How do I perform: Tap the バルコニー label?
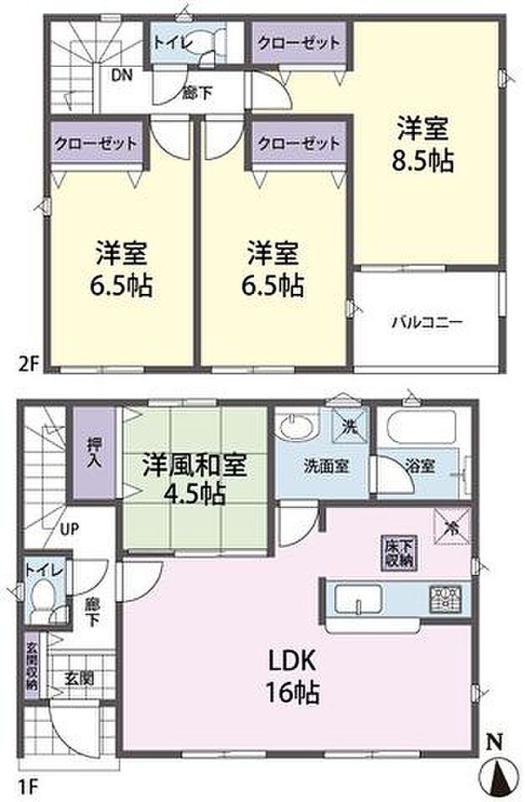point(426,322)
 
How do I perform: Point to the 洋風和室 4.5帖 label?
point(194,479)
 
